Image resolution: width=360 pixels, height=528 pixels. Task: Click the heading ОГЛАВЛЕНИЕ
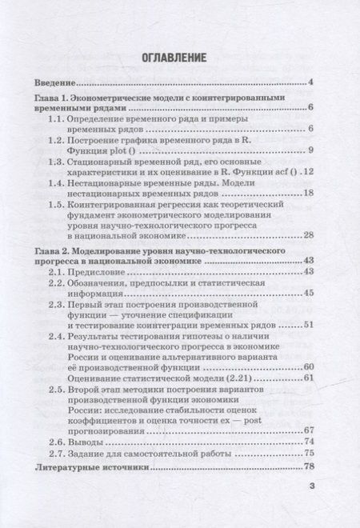click(x=180, y=58)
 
